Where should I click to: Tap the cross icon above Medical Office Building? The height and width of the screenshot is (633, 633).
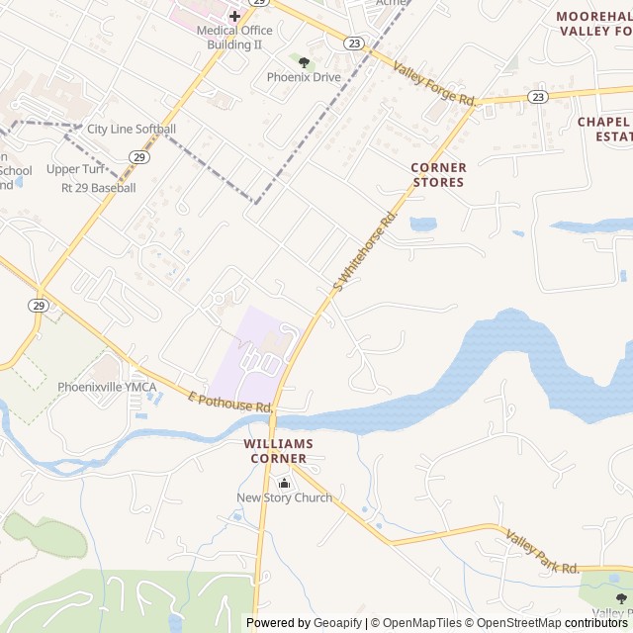click(x=234, y=16)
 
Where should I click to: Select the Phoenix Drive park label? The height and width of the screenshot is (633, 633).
click(x=304, y=77)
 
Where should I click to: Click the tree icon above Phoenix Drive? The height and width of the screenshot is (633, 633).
click(x=304, y=62)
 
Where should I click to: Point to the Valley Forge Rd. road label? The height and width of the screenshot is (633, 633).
click(x=435, y=84)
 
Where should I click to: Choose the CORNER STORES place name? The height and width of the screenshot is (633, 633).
click(x=438, y=175)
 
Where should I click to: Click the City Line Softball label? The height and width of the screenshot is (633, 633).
click(x=132, y=129)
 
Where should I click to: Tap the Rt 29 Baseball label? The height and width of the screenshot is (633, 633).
click(x=98, y=187)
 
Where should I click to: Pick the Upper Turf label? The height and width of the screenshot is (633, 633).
click(x=75, y=169)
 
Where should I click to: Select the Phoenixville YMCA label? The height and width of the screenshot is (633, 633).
click(x=107, y=387)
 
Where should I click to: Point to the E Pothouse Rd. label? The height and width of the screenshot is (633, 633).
click(x=229, y=401)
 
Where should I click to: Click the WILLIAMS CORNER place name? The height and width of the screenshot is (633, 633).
click(x=278, y=451)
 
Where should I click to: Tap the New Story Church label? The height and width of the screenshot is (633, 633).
click(x=284, y=497)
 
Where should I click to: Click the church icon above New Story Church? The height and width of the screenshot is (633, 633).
click(x=285, y=483)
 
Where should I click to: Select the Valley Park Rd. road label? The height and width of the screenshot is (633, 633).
click(x=542, y=552)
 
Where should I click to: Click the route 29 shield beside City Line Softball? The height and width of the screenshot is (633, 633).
click(x=139, y=156)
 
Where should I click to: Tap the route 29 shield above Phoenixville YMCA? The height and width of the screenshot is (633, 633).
click(x=38, y=304)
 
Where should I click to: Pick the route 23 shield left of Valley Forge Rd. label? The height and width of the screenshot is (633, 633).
click(x=354, y=43)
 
